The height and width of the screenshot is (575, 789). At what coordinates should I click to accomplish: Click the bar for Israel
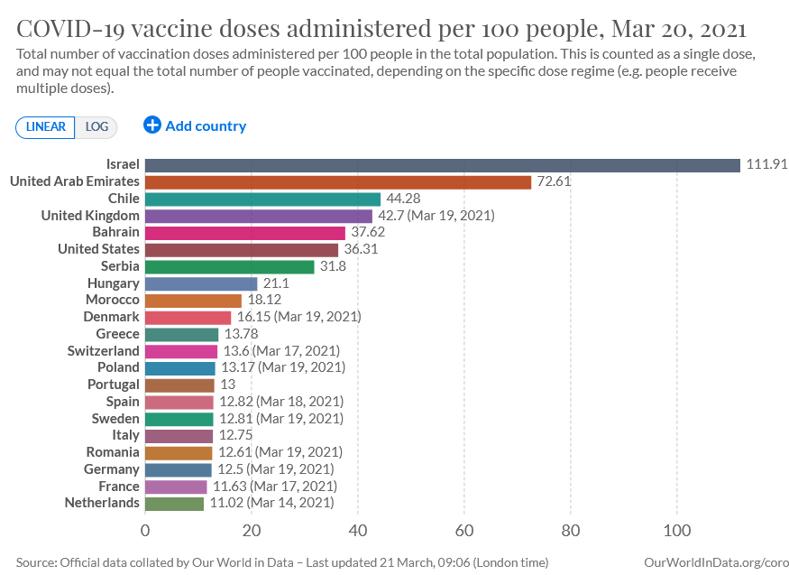[x=443, y=165]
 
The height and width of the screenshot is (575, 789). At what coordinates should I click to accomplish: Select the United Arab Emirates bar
[x=338, y=182]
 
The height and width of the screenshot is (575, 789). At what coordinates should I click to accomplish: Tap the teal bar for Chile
[x=262, y=199]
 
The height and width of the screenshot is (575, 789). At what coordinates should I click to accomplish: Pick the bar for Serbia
[x=229, y=267]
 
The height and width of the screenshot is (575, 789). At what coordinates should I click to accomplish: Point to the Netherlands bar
[x=174, y=504]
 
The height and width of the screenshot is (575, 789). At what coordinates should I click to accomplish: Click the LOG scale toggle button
[x=96, y=127]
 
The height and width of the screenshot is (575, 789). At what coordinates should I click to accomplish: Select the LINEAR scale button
[x=45, y=127]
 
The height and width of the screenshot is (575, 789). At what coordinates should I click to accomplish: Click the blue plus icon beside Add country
[x=152, y=125]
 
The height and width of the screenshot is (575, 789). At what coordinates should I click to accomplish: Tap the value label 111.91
[x=766, y=164]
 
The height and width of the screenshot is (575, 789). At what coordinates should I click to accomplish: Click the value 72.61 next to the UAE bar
[x=554, y=181]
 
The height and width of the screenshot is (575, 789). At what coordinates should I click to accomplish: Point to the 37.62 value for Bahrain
[x=368, y=232]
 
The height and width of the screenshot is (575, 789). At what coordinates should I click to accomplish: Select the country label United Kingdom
[x=90, y=216]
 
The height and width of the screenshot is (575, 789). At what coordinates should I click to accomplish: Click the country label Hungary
[x=114, y=283]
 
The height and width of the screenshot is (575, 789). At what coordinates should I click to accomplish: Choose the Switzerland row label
[x=103, y=351]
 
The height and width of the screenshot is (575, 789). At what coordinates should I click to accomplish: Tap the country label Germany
[x=111, y=469]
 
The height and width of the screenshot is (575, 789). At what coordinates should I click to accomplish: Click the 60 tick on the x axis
[x=464, y=531]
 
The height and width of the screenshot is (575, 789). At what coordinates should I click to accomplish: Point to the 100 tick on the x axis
[x=677, y=531]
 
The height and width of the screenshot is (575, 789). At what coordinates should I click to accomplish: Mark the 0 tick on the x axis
[x=145, y=531]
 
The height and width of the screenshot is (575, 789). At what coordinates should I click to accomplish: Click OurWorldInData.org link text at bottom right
[x=716, y=563]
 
